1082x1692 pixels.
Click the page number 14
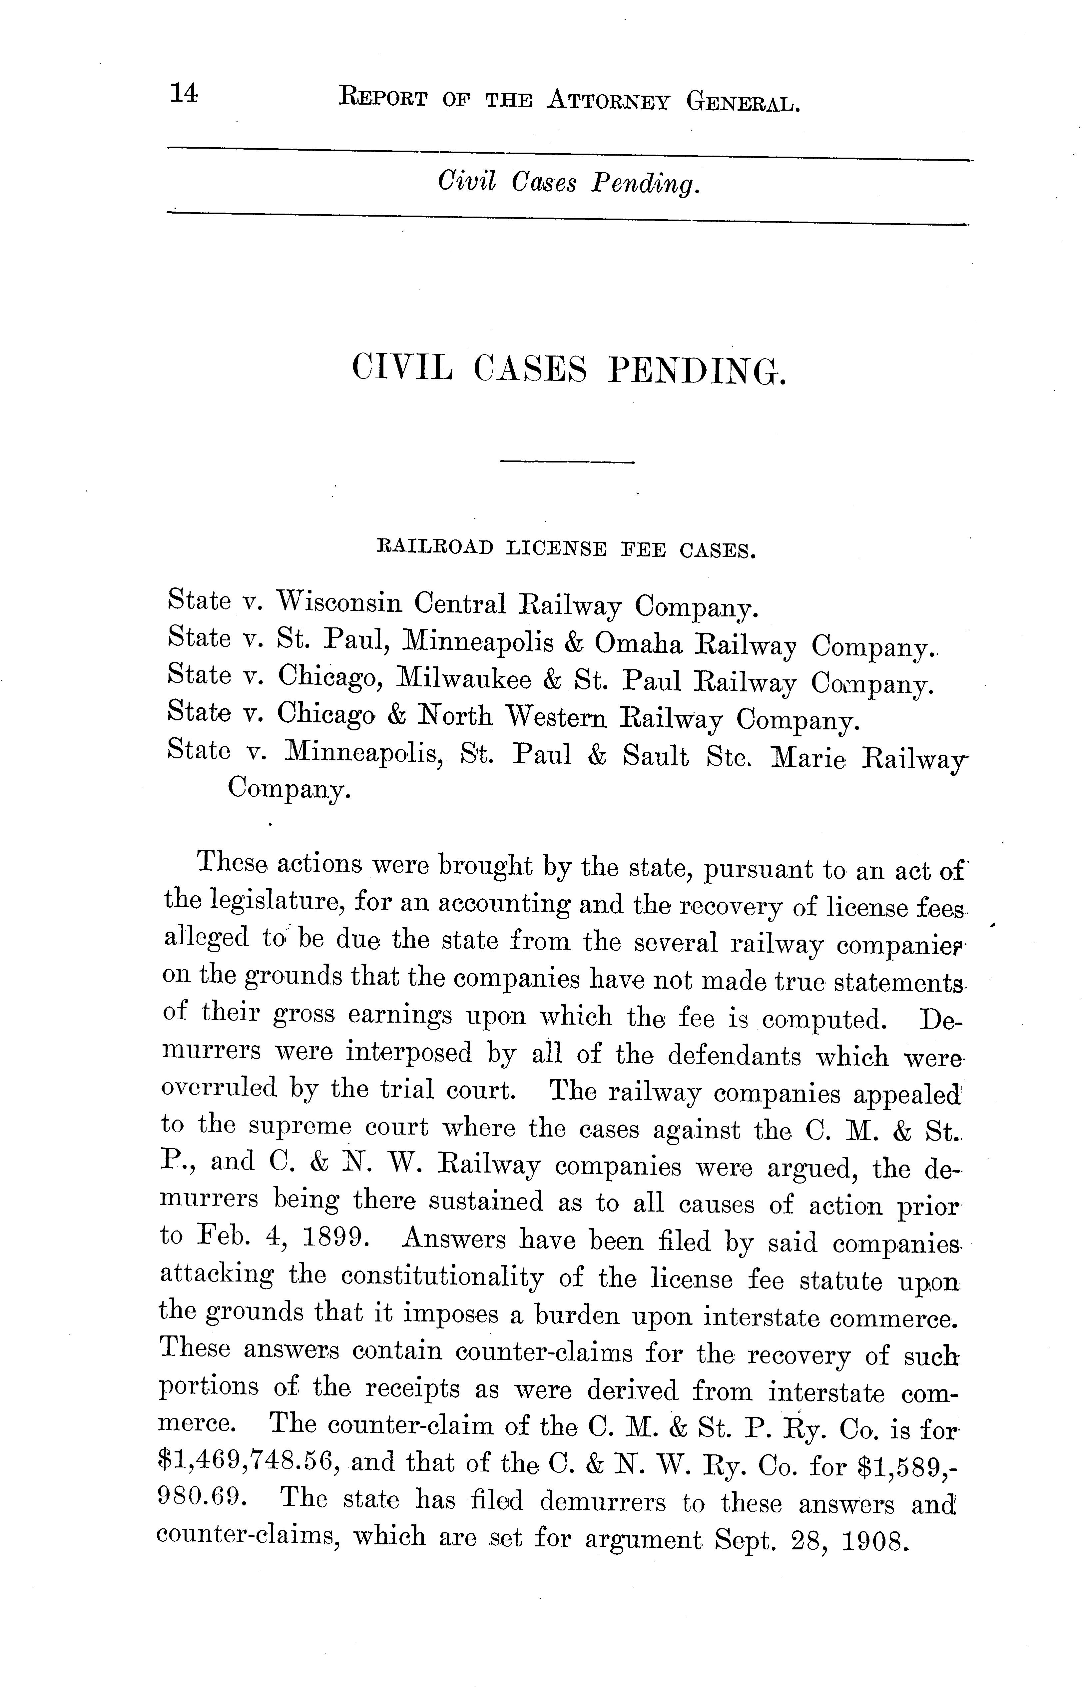pyautogui.click(x=183, y=94)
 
